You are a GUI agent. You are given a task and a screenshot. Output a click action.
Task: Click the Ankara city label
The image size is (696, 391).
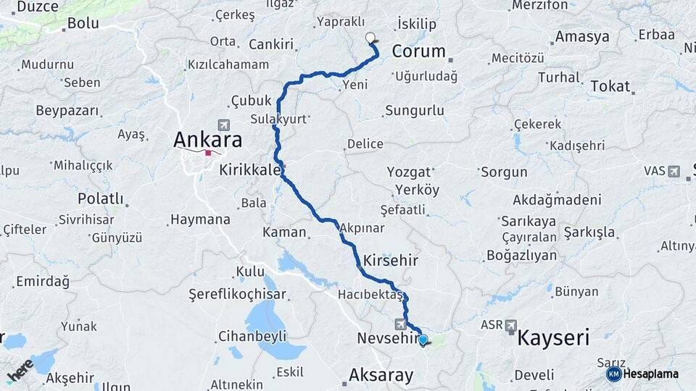(207, 138)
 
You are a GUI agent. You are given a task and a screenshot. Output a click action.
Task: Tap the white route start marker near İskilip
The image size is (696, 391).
(371, 38)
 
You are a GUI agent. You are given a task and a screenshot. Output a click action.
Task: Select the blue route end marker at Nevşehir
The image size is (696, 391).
(423, 339)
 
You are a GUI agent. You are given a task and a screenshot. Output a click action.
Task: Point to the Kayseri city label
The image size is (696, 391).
(553, 337)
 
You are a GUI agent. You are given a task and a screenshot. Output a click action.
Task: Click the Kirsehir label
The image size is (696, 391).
(391, 259)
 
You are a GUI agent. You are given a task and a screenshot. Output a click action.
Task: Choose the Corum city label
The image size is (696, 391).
(418, 51)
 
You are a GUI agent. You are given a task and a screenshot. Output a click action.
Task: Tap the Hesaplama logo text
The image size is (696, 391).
(650, 374)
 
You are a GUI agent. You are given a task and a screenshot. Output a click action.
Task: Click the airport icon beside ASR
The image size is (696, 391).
(511, 325)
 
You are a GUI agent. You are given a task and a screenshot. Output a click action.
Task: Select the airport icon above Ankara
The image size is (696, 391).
(223, 125)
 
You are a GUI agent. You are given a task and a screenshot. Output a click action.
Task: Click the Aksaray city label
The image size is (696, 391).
(381, 375)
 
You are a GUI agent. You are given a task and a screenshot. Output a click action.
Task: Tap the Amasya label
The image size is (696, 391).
(582, 36)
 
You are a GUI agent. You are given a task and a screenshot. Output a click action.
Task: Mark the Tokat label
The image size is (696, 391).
(610, 85)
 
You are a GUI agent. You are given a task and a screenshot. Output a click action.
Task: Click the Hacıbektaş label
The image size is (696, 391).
(370, 295)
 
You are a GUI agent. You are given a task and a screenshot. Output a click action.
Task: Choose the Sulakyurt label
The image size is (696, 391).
(278, 118)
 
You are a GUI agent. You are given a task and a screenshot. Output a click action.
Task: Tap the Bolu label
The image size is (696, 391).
(83, 23)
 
